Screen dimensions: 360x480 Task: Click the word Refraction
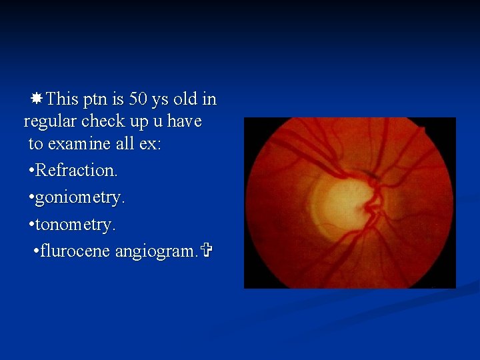pyautogui.click(x=76, y=171)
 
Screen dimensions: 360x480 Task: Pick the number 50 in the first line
pyautogui.click(x=138, y=99)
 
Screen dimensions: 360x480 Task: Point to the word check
pyautogui.click(x=108, y=122)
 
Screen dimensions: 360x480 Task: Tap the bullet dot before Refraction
pyautogui.click(x=31, y=171)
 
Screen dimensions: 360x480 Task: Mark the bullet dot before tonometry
pyautogui.click(x=31, y=226)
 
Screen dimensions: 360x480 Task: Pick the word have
pyautogui.click(x=185, y=122)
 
